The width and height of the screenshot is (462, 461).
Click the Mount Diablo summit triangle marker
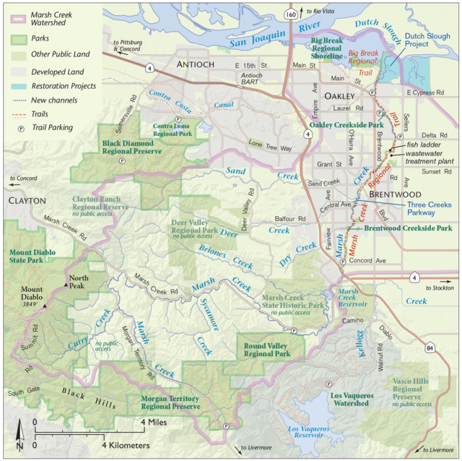[x=45, y=306]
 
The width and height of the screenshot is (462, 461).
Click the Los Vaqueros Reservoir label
[x=313, y=433]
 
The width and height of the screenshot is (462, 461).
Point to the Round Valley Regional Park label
[x=266, y=350]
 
